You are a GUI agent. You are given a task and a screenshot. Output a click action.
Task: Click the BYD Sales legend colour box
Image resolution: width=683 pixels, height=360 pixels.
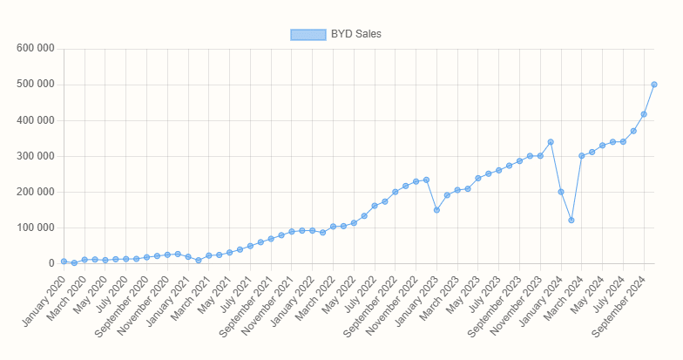tap(308, 34)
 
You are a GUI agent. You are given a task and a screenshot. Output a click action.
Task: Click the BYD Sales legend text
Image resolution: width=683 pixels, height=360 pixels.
tap(356, 34)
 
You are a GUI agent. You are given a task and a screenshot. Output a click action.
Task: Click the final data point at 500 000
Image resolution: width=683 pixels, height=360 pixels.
tap(654, 85)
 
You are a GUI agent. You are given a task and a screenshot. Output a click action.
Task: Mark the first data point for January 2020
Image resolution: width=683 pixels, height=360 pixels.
tap(64, 262)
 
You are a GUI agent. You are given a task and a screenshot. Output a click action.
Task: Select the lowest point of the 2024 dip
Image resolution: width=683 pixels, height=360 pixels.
tap(571, 221)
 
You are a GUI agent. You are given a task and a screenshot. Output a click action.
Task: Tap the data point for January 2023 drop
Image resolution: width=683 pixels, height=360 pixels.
tap(436, 210)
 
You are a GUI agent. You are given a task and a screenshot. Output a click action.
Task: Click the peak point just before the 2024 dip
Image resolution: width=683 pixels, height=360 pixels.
tap(551, 142)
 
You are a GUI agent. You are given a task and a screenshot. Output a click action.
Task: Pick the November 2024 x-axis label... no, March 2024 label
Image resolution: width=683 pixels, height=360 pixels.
tap(562, 297)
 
